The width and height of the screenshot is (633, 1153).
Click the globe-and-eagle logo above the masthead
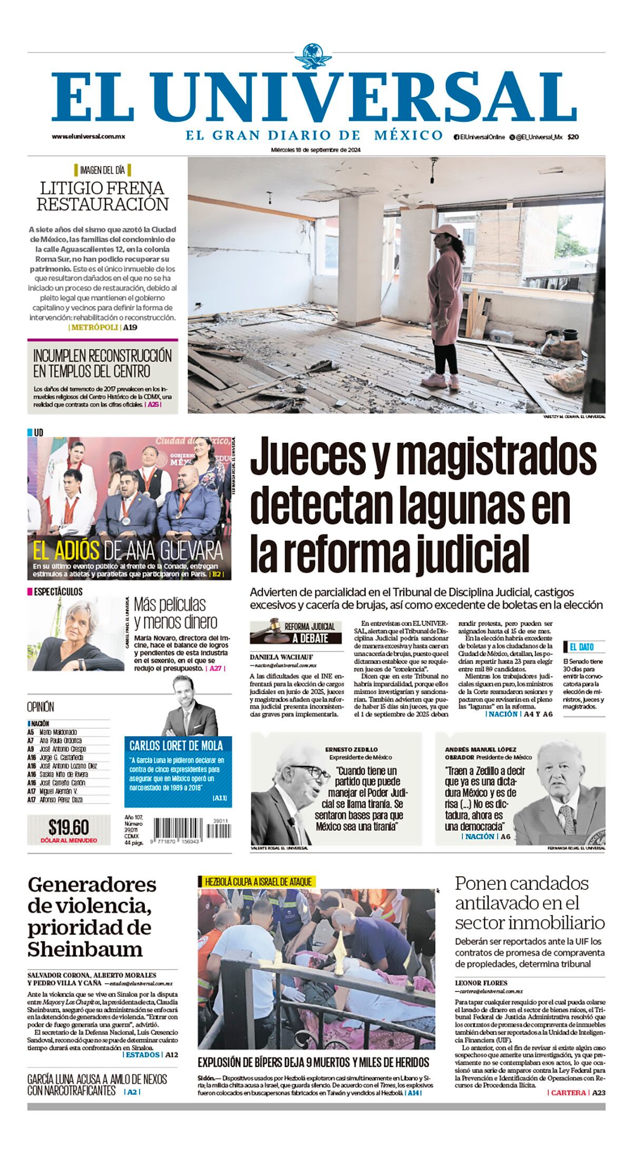tap(316, 57)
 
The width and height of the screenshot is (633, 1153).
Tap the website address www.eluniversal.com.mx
tap(88, 136)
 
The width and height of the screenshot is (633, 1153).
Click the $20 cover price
tap(573, 137)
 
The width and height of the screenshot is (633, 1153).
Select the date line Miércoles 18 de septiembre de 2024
tap(316, 150)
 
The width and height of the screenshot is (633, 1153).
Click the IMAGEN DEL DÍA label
tap(102, 170)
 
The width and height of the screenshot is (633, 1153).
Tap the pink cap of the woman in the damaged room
tap(447, 230)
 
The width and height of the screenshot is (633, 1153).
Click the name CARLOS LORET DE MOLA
tap(176, 745)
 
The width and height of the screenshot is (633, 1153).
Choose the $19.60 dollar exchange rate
tap(69, 826)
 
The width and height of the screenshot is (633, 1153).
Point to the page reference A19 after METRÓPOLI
tap(130, 328)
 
